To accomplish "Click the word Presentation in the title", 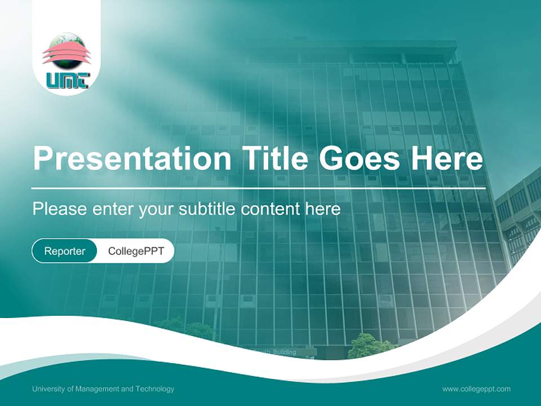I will (x=132, y=160).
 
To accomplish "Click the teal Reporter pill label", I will (x=64, y=251).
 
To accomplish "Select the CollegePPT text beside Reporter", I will (x=136, y=251).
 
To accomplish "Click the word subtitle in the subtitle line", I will (x=207, y=209).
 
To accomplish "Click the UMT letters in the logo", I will (x=66, y=81).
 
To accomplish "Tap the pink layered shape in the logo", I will (x=66, y=55).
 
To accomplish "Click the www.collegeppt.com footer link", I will (x=476, y=389).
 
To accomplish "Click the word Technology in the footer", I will (x=155, y=389).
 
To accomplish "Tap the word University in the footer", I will (x=47, y=389).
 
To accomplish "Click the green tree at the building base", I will (x=366, y=346).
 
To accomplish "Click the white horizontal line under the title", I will (x=259, y=187).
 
